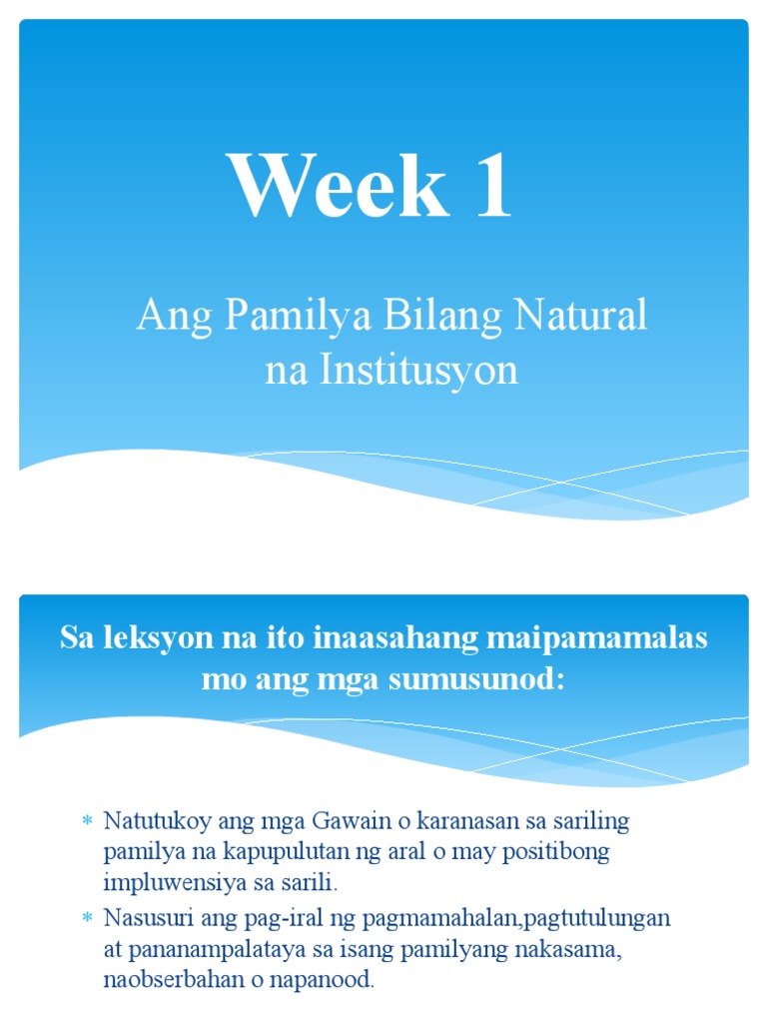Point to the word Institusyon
point(419,371)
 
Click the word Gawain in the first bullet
point(321,821)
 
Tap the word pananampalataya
point(211,949)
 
